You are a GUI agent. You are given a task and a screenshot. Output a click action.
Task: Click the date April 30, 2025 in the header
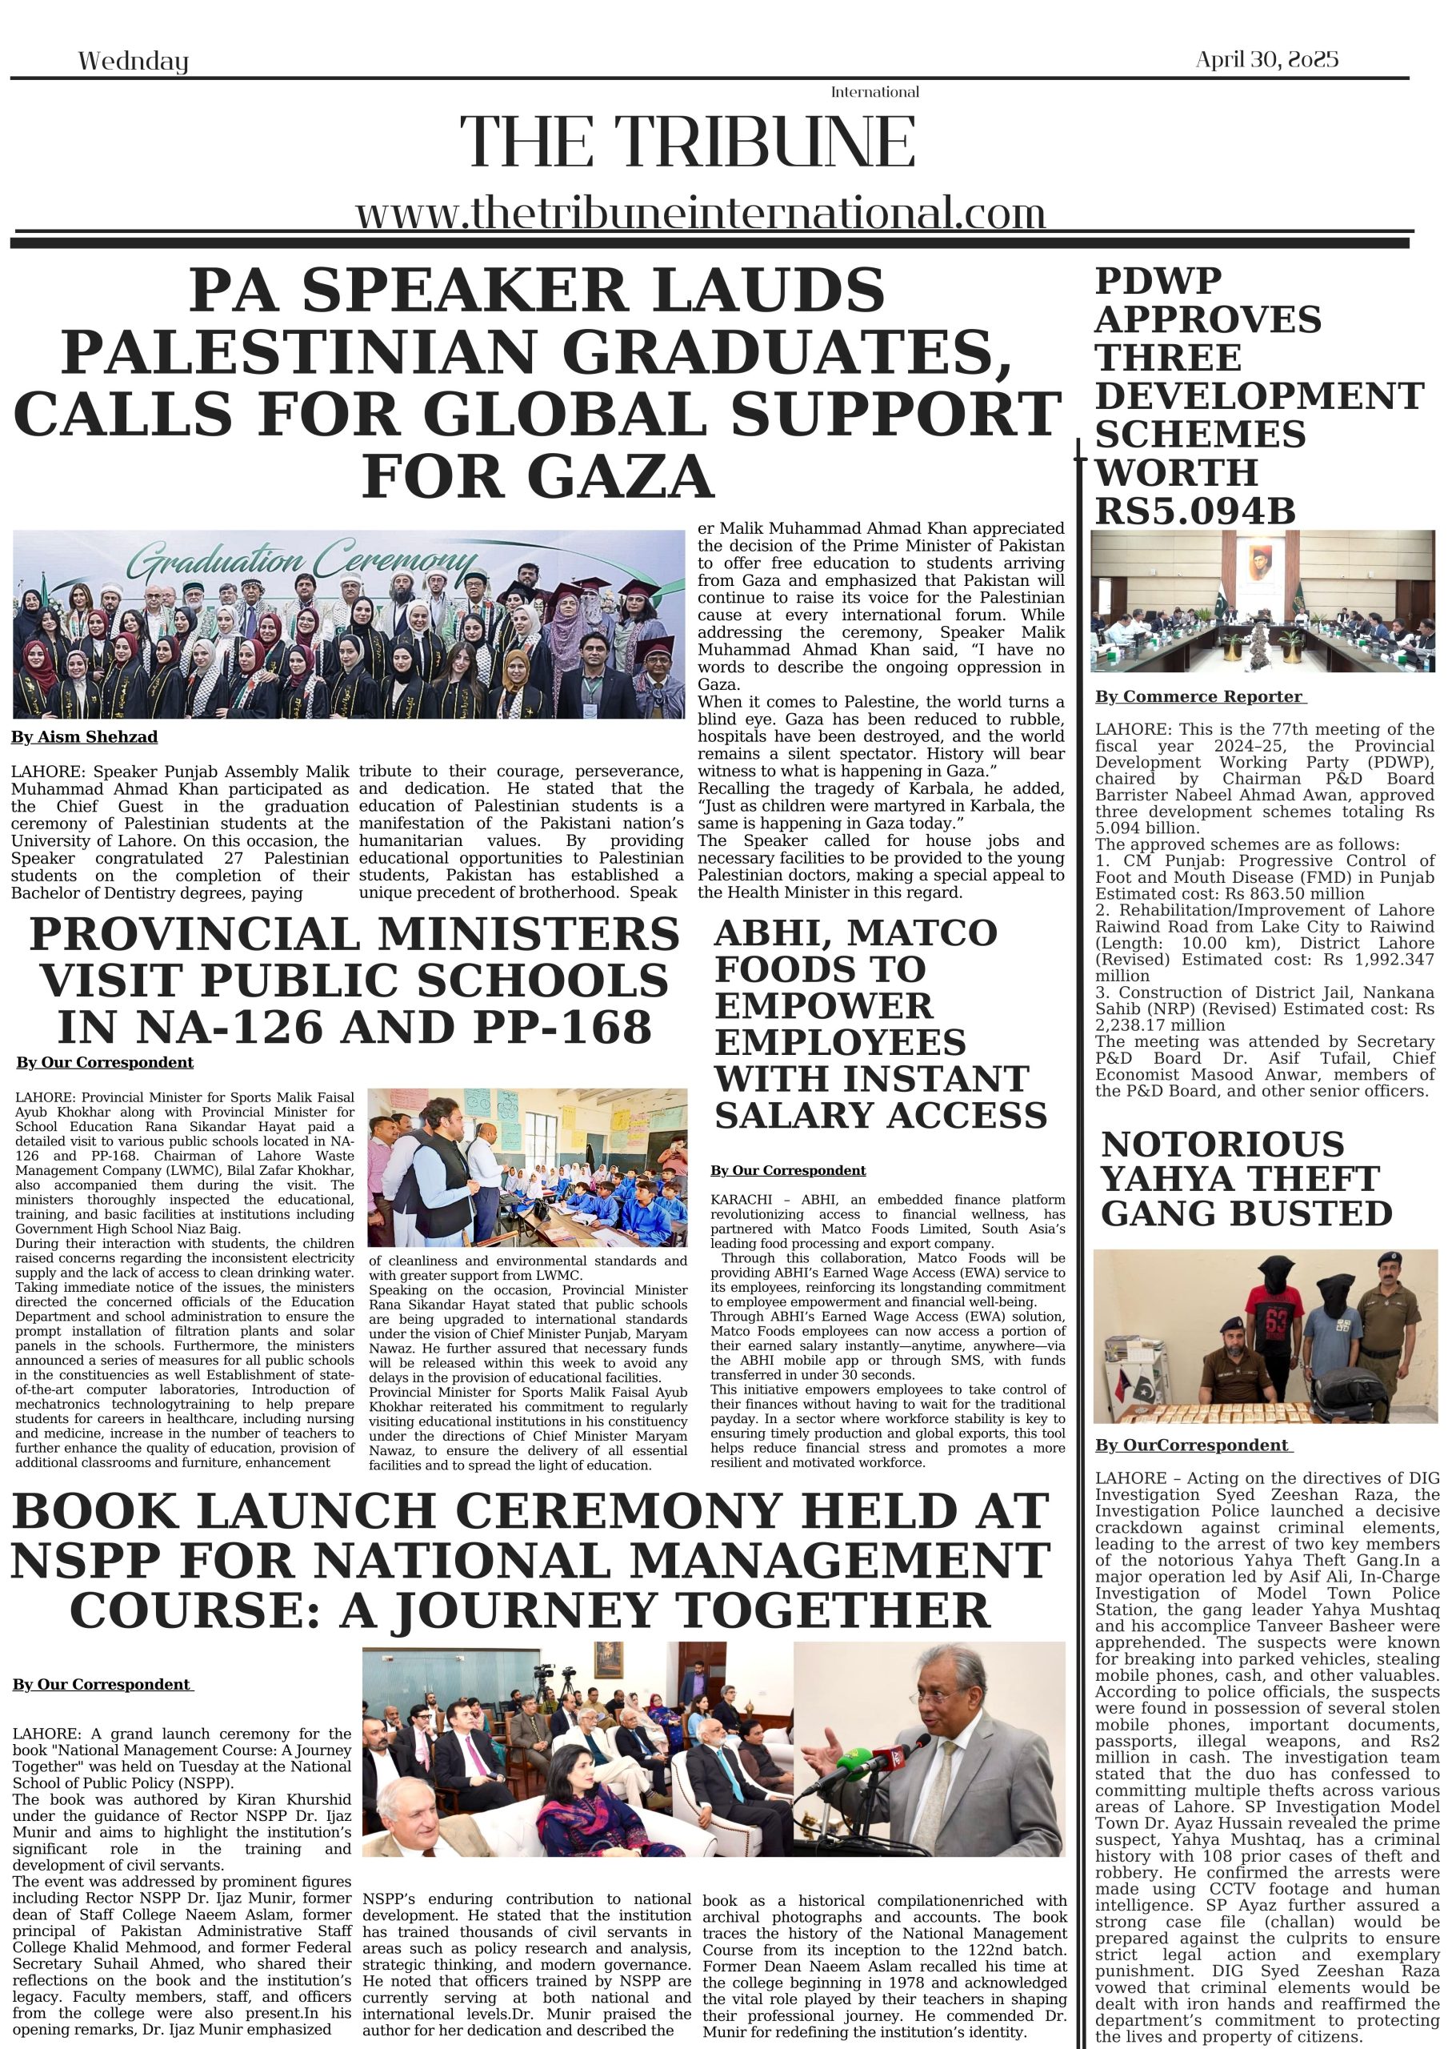click(1266, 60)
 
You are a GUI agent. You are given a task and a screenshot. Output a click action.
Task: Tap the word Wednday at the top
click(133, 62)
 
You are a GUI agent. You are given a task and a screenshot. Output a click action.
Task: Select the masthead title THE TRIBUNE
click(687, 142)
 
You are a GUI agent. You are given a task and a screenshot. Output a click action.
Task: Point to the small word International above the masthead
click(874, 92)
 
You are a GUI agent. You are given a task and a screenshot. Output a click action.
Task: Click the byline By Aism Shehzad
click(84, 737)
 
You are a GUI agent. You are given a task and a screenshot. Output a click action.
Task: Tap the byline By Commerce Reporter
click(1199, 697)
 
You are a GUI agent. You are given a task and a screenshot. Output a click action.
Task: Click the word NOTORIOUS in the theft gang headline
click(1222, 1144)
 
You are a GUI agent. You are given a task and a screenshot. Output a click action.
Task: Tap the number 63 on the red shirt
click(1276, 1320)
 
